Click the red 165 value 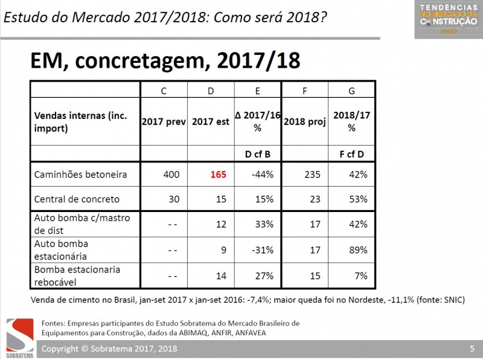[218, 175]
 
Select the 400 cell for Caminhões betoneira [171, 175]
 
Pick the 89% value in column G [358, 249]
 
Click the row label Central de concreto [77, 199]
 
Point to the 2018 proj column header [304, 121]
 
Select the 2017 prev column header [164, 121]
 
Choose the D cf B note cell [258, 154]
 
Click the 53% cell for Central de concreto [358, 199]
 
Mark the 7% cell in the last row [361, 275]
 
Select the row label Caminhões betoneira [80, 175]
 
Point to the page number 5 [472, 349]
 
